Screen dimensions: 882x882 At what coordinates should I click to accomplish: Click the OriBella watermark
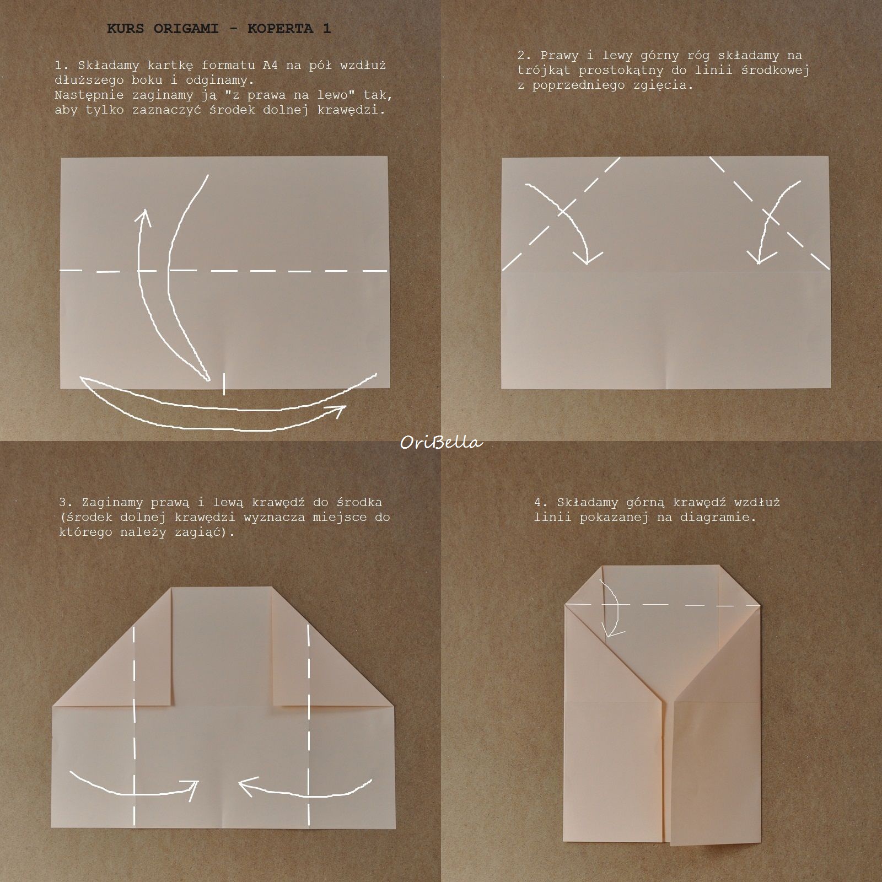[x=441, y=443]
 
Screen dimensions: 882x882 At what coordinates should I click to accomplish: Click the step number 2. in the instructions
[x=525, y=55]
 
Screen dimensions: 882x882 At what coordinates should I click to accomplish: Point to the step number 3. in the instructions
[x=66, y=502]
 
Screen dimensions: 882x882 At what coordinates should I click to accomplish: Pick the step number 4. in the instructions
[x=541, y=502]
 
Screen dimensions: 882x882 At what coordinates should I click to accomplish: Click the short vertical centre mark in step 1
[x=224, y=384]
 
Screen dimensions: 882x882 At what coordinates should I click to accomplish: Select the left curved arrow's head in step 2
[x=587, y=257]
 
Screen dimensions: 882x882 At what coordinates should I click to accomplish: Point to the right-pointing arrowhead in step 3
[x=191, y=790]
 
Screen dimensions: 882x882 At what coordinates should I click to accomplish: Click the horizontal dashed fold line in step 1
[x=224, y=271]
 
